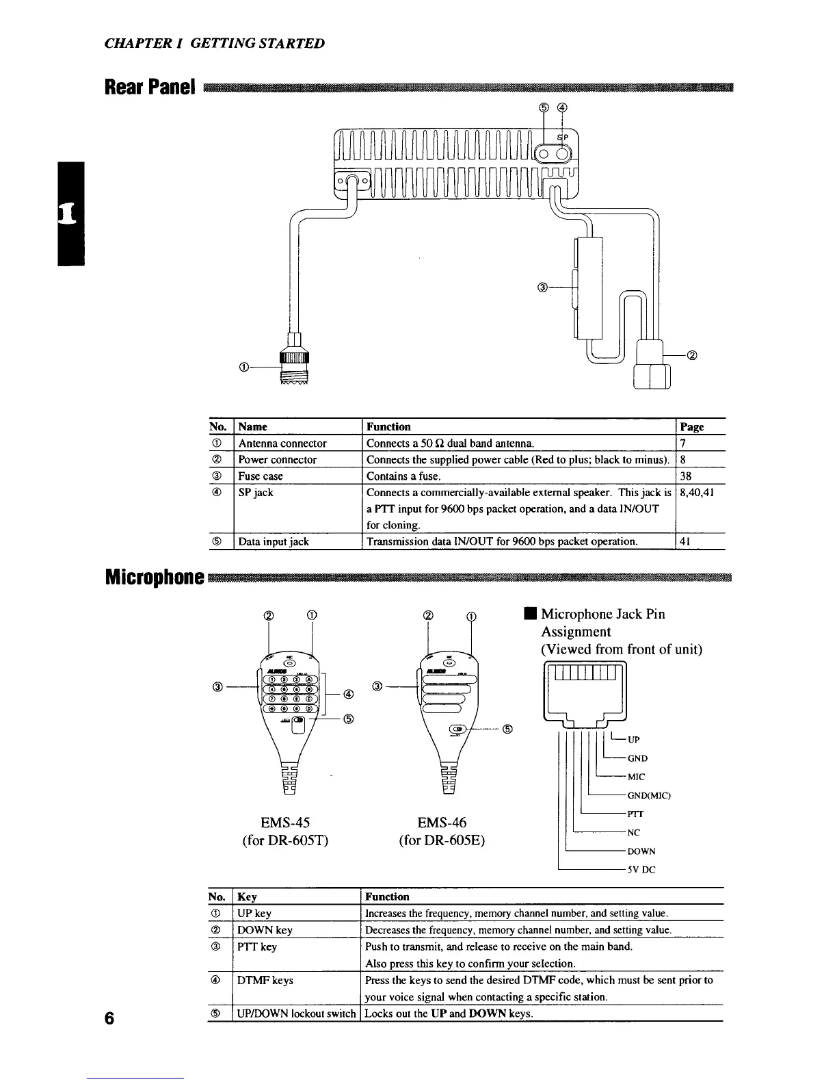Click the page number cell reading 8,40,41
(x=695, y=492)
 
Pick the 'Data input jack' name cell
(x=273, y=541)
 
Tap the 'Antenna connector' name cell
(x=282, y=443)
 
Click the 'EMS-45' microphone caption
(x=285, y=822)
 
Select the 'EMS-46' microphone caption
(x=442, y=822)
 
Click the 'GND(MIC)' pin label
(x=649, y=796)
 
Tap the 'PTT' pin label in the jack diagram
(x=636, y=814)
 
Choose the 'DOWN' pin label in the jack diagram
(x=641, y=852)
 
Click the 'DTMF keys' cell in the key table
(x=265, y=980)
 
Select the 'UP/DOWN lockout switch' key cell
(x=296, y=1014)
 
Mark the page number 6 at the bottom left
(x=109, y=1018)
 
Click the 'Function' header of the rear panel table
(x=388, y=426)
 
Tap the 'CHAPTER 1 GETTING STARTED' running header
(x=215, y=44)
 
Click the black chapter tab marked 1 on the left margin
(x=70, y=213)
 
